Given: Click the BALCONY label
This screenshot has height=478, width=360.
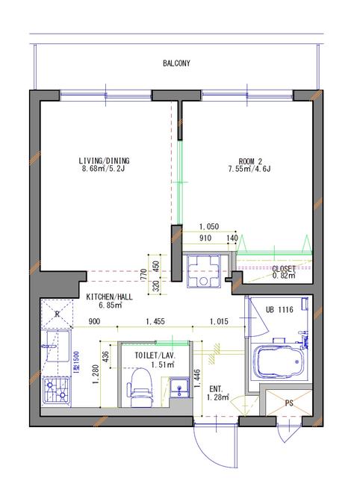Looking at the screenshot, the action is click(x=176, y=63).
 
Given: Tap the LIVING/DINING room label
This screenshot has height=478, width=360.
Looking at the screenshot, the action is click(x=104, y=161).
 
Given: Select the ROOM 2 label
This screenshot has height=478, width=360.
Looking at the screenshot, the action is click(x=250, y=161).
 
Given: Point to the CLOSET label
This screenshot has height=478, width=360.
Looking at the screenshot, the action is click(x=284, y=269).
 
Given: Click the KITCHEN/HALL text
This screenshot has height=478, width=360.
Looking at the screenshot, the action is click(x=110, y=297).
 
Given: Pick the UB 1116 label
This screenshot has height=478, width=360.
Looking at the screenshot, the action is click(x=279, y=310).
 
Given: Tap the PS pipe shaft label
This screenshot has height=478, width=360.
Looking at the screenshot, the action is click(x=289, y=403).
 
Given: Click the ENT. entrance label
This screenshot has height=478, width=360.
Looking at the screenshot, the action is click(x=216, y=389).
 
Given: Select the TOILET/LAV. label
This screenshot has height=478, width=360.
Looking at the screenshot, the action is click(x=155, y=356).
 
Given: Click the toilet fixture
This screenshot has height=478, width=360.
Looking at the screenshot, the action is click(x=140, y=388).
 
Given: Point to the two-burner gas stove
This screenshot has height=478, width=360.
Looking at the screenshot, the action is click(x=57, y=390).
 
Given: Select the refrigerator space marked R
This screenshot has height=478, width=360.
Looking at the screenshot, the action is click(x=57, y=314).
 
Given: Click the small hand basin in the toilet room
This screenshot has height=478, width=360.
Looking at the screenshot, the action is click(x=179, y=388).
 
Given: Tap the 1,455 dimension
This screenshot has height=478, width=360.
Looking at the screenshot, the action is click(x=155, y=321).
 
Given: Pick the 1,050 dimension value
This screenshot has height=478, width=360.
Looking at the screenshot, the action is click(x=209, y=226).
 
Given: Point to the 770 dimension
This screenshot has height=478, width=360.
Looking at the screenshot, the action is click(x=144, y=274).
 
